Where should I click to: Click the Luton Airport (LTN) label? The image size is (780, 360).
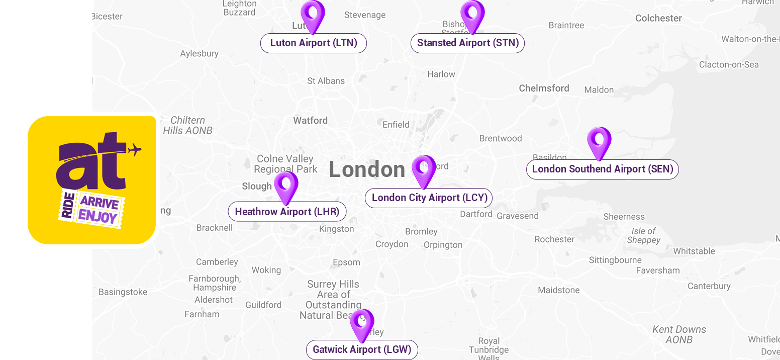point(313,43)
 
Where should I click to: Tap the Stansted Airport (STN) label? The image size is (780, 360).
point(467,43)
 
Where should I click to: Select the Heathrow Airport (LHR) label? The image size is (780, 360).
point(287,212)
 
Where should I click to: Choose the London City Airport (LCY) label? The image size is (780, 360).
point(429,198)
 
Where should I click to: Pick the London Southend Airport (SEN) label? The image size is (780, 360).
point(602,169)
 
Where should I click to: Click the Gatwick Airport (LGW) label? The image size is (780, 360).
point(362,349)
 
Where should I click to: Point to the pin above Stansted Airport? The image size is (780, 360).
point(472,15)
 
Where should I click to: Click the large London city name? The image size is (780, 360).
point(367,170)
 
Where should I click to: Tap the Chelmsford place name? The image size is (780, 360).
point(544,88)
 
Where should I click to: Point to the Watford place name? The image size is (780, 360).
point(310,121)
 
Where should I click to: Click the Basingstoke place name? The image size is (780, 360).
point(123,292)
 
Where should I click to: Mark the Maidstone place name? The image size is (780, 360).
point(558,290)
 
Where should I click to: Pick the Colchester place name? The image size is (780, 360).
point(658,18)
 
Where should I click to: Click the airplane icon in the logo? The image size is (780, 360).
point(134,149)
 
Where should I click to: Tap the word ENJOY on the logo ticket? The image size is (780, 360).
point(97,217)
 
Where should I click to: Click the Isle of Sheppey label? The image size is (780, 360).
point(643,235)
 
